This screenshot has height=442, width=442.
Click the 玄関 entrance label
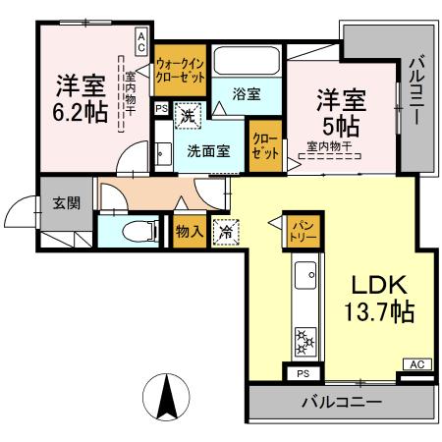67,203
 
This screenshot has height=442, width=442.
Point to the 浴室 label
247,94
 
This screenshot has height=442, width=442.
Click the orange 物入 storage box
189,232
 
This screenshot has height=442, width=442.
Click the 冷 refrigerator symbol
226,233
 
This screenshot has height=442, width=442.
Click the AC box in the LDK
416,365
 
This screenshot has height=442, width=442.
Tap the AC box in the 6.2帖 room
141,40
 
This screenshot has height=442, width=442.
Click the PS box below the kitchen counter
303,374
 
